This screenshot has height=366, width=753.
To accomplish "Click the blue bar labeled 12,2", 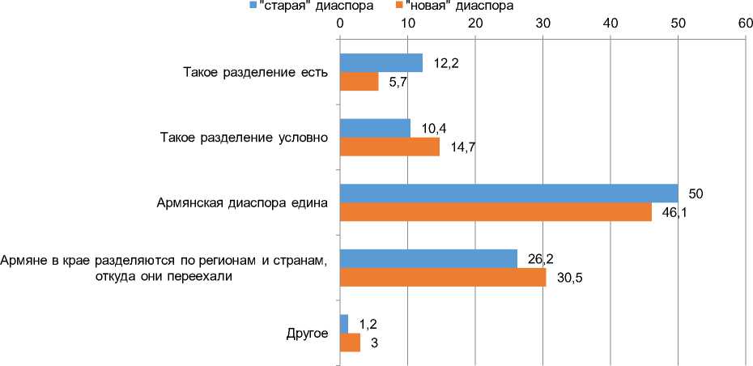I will coord(381,63).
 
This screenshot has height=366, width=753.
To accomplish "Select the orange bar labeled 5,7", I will coord(359,82).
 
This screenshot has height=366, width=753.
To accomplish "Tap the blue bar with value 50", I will coord(508,194).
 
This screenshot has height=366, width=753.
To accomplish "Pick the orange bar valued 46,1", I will coord(496,212).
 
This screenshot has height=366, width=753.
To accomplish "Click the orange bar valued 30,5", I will coord(442,277).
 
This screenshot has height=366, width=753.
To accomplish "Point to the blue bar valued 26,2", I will coord(428,258).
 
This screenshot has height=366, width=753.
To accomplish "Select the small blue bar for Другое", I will coord(343,323).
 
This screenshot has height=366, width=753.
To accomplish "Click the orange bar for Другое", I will coord(350,342).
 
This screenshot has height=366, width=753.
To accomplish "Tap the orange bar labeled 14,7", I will coord(389,147).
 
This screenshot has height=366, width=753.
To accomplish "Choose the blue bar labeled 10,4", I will coord(375,128).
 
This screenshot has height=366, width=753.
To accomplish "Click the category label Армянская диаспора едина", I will coord(241,203).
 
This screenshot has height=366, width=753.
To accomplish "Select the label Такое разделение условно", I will coord(243,138).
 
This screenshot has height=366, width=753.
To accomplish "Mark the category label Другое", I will coord(307,333).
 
